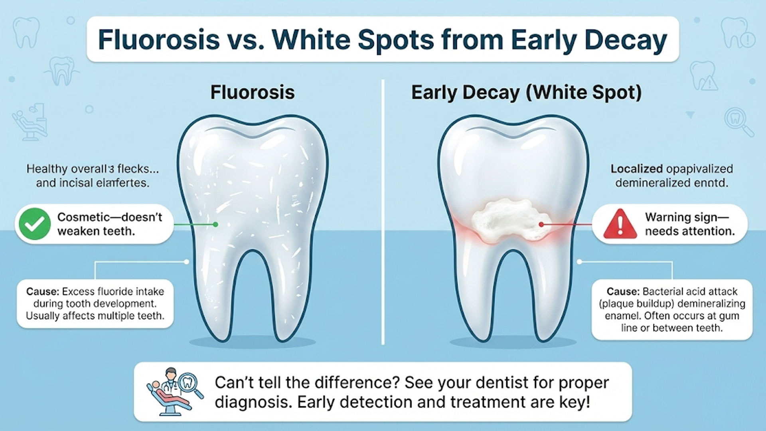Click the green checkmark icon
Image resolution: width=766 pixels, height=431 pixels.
point(35,224)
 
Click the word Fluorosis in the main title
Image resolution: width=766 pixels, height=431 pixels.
point(159,40)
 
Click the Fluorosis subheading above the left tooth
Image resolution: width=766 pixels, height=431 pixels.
point(252,92)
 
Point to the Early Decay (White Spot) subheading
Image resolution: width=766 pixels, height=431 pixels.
point(526,93)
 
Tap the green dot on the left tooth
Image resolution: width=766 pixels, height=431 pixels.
point(215,225)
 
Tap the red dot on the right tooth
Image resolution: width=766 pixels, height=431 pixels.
point(541,225)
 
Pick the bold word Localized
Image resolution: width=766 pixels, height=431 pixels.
point(636,169)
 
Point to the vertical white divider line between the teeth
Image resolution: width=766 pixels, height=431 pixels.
point(383,212)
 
